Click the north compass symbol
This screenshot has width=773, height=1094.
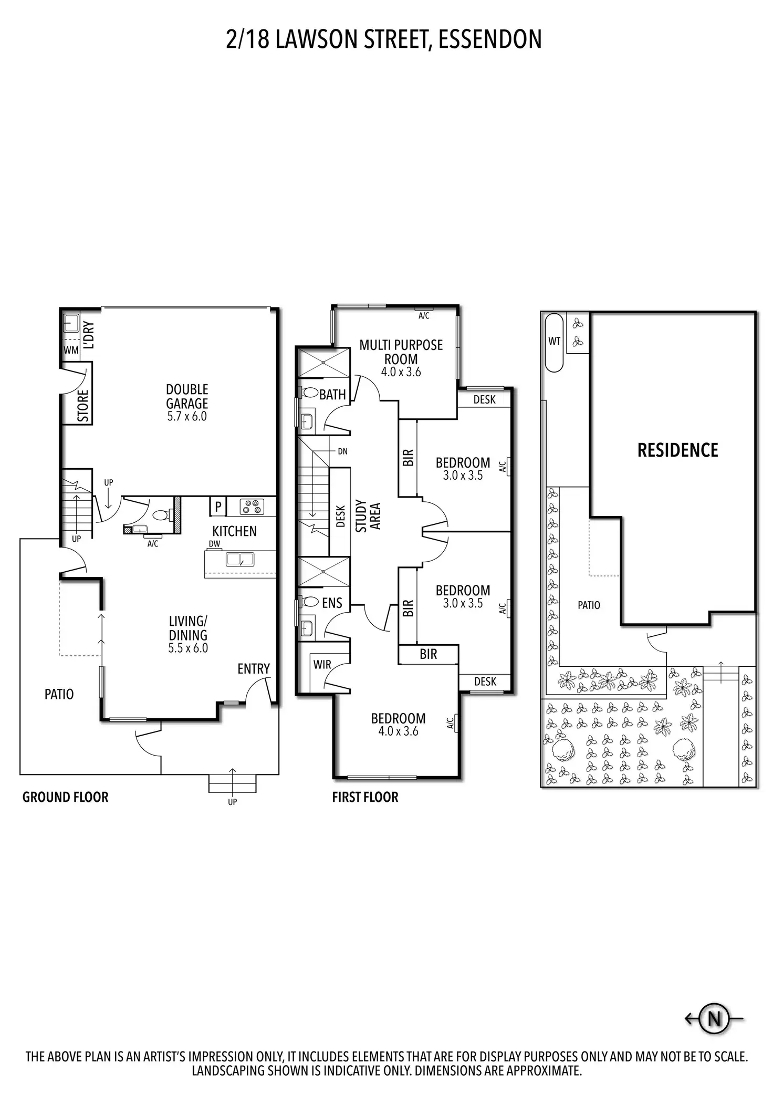point(714,1019)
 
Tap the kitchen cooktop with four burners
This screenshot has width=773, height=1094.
point(251,507)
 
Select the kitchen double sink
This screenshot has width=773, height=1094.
point(240,560)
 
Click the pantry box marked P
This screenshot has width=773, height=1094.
point(218,507)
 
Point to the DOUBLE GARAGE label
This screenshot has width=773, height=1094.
point(187,396)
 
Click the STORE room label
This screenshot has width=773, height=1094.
point(83,406)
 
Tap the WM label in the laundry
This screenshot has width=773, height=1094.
point(71,350)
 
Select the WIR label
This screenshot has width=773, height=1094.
point(322,664)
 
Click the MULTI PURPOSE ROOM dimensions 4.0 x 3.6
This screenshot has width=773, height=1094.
point(401,372)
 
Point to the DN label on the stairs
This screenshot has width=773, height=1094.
point(342,451)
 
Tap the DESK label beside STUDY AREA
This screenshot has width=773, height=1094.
point(340,516)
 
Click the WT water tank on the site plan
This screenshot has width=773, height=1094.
point(555,342)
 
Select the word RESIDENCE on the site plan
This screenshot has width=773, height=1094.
point(677,450)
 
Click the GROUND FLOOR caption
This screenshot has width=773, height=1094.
point(65,797)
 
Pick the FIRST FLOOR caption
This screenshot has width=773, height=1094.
point(365,797)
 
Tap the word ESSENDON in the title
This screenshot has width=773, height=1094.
point(489,40)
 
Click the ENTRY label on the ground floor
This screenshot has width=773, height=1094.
point(253,668)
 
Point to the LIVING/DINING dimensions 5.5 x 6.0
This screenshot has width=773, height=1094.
point(188,648)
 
